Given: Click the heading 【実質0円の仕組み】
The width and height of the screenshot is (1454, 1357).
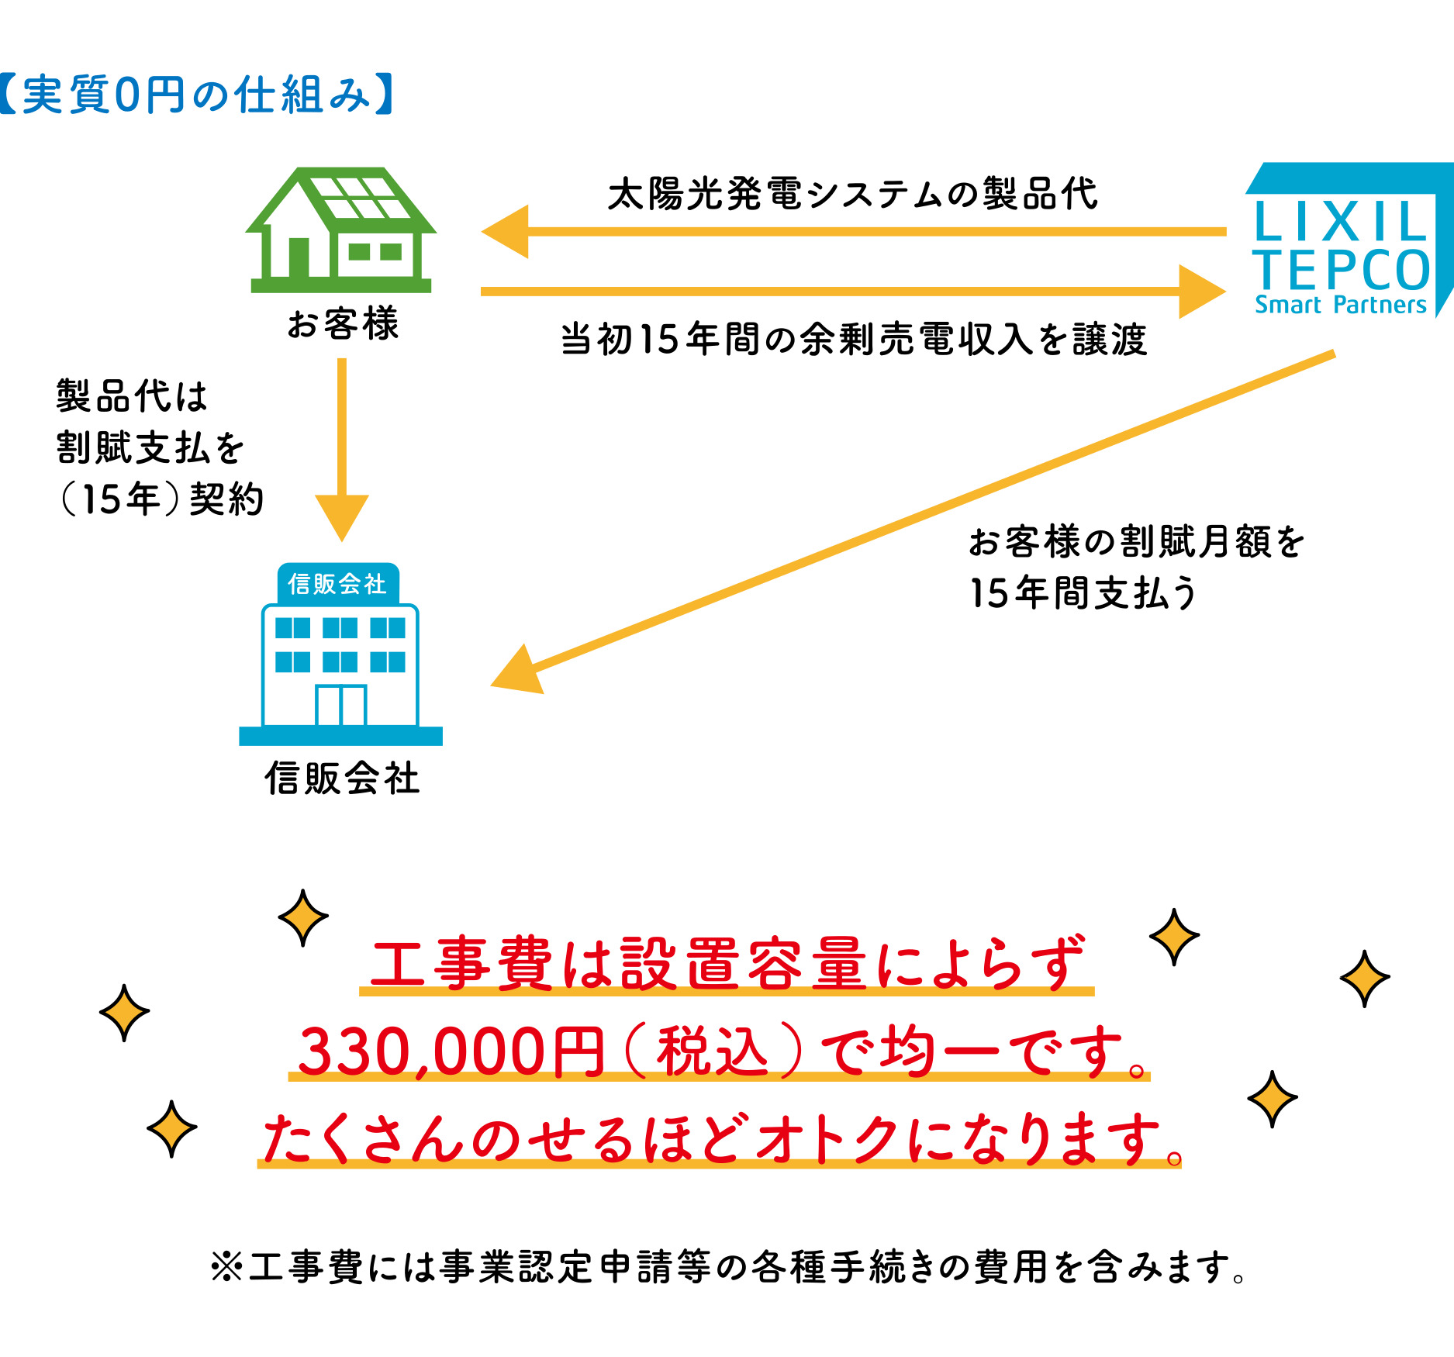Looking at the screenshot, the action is coord(197,95).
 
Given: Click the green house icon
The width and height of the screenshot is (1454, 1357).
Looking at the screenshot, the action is coord(341,230).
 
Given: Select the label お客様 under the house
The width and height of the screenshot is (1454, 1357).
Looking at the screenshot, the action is coord(342,324).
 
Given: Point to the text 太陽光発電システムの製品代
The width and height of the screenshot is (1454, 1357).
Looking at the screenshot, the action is coord(852,194).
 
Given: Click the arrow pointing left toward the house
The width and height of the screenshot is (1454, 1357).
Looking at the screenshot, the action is coord(854,231).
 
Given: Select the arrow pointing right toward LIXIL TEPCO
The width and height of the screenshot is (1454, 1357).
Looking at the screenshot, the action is coord(853,292).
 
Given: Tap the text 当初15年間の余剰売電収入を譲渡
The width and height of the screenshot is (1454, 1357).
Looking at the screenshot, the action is coord(853,340).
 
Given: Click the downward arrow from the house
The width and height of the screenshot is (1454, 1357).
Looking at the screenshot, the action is coord(342,450).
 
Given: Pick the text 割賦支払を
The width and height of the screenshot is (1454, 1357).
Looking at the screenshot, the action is coord(150,447).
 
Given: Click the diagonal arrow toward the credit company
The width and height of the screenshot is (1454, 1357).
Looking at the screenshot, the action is coord(913,523).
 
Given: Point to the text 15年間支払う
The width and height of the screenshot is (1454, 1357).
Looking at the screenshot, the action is coord(1083,592).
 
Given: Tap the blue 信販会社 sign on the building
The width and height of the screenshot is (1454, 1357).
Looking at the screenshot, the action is coord(338,584).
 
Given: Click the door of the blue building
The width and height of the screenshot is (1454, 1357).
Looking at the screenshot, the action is coord(340,705).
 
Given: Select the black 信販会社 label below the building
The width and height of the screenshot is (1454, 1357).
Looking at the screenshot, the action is coord(342,778).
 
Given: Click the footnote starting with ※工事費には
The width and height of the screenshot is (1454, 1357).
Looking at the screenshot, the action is coord(727,1267).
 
